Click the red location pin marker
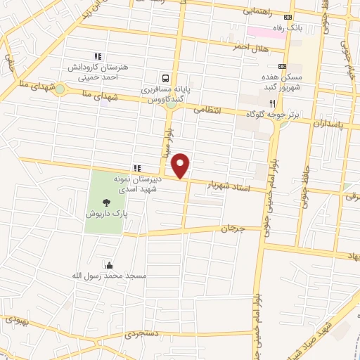(181, 165)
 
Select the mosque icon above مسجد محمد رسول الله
(110, 266)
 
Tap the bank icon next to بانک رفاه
(287, 18)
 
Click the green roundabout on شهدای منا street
(60, 89)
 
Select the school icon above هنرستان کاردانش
(98, 56)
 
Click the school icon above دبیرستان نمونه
(137, 168)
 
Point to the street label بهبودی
(18, 320)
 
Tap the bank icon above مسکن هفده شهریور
(283, 66)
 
